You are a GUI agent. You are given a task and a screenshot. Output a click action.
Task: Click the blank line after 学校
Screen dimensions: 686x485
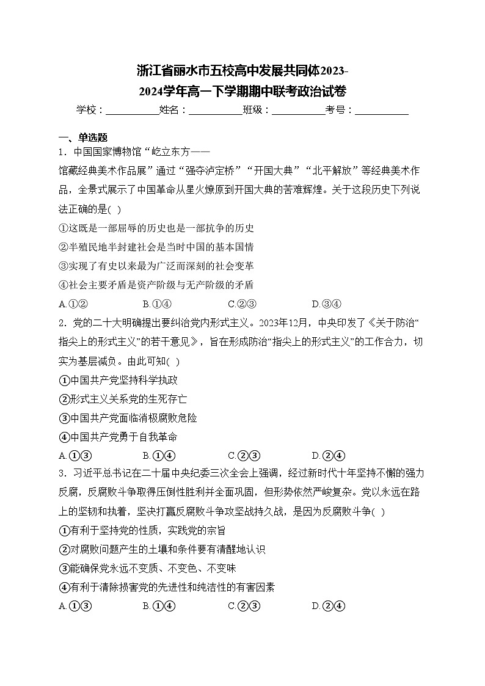click(x=132, y=110)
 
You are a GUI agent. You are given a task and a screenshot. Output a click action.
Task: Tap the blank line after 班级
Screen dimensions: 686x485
click(x=298, y=110)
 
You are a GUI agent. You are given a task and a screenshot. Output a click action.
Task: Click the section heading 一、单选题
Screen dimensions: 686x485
click(x=82, y=137)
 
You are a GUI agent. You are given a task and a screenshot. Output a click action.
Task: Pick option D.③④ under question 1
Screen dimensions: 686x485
click(x=326, y=304)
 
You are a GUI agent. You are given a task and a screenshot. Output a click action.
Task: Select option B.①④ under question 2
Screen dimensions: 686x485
click(x=159, y=455)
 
